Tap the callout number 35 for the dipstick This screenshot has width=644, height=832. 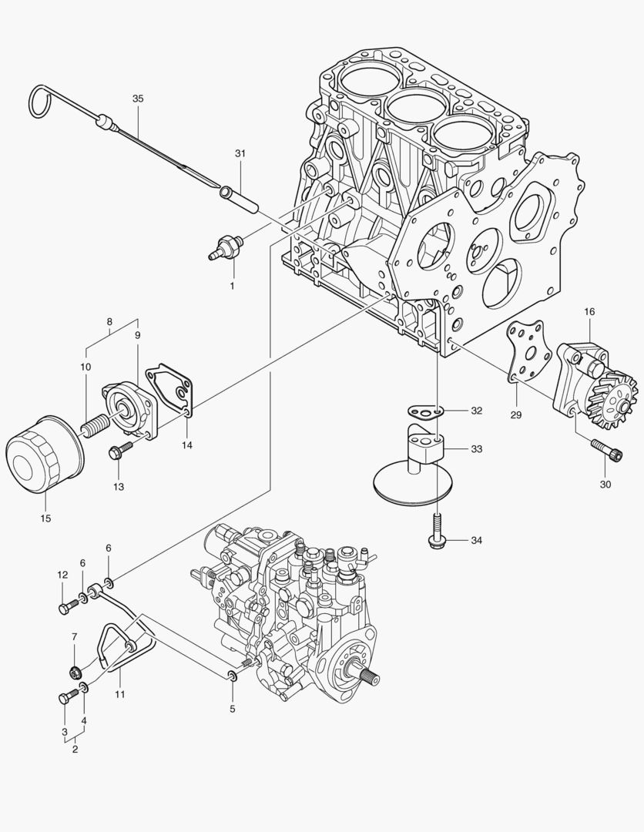(x=138, y=99)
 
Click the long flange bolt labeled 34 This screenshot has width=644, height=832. (x=435, y=531)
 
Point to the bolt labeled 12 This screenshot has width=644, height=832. (x=65, y=608)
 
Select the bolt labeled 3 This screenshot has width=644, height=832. (x=65, y=698)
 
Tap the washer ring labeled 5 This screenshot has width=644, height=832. (x=231, y=676)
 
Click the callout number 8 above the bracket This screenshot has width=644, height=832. (x=109, y=321)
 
